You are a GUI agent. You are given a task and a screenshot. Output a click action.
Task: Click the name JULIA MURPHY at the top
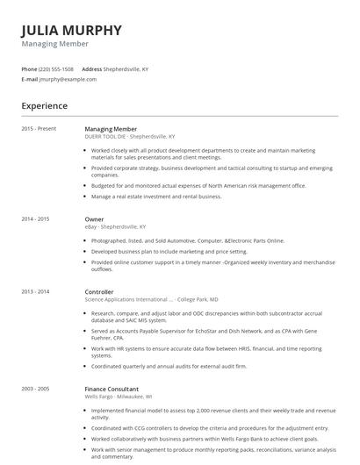[x=71, y=30]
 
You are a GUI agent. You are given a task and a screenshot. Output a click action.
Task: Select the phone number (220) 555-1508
[x=57, y=68]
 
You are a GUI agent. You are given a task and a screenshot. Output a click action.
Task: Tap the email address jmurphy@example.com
[x=68, y=79]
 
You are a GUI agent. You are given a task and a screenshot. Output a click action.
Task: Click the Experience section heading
[x=44, y=106]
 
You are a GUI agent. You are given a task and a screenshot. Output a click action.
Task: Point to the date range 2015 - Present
[x=39, y=129]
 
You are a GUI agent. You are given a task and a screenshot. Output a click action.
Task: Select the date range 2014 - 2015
[x=35, y=219]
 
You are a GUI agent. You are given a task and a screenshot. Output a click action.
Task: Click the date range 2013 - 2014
[x=35, y=291]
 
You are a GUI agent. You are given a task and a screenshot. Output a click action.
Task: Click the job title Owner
[x=94, y=219]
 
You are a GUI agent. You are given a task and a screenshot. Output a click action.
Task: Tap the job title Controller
[x=99, y=291]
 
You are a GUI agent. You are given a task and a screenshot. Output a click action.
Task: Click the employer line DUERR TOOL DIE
[x=129, y=137]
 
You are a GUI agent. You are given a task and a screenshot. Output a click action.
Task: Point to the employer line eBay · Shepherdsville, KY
[x=115, y=226]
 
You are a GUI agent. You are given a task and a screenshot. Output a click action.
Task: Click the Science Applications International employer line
[x=140, y=298]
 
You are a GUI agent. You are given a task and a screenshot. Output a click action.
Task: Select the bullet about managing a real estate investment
[x=156, y=197]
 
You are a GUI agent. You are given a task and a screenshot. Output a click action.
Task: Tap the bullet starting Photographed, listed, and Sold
[x=188, y=240]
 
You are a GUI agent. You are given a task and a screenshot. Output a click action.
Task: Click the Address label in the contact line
[x=92, y=68]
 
